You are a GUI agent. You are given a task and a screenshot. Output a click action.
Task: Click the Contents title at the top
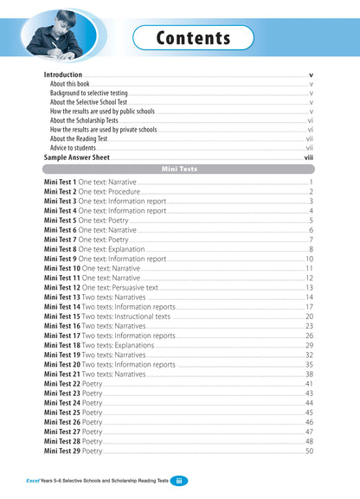click(193, 38)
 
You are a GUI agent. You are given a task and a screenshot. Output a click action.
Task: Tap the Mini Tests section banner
click(179, 170)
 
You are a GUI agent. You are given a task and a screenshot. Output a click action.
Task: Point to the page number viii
click(309, 158)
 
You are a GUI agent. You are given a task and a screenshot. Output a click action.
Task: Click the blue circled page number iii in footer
click(176, 480)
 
